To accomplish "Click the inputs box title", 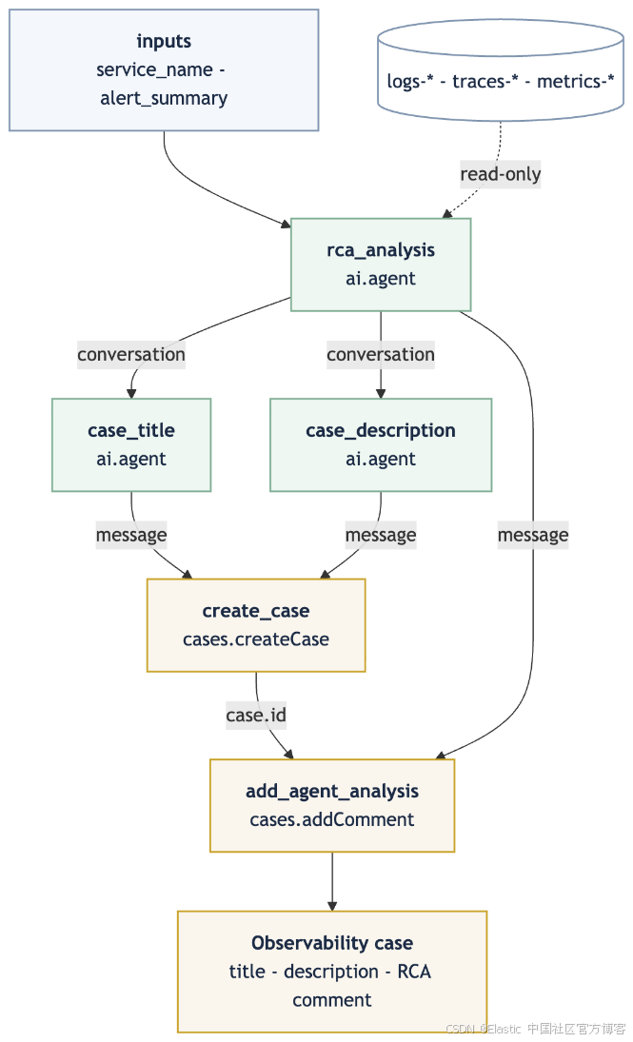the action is click(164, 41).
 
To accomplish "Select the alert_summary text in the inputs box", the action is click(164, 98).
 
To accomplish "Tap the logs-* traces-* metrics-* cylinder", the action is click(501, 69).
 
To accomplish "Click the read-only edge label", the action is click(501, 174).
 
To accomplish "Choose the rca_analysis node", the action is click(381, 265).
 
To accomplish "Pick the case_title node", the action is click(131, 444).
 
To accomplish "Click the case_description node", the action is click(381, 444).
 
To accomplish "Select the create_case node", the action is click(256, 625).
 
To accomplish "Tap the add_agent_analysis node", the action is click(332, 805).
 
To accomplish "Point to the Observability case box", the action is click(332, 972).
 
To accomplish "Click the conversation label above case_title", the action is click(131, 355).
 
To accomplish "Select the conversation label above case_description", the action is click(381, 355).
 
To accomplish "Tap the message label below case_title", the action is click(131, 535).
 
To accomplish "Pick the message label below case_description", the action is click(381, 535).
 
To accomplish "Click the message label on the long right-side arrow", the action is click(533, 535).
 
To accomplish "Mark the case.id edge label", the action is click(256, 716).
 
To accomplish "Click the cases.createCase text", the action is click(256, 639).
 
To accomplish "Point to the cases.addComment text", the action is click(332, 820).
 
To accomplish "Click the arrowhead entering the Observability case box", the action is click(332, 906).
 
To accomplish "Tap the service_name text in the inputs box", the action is click(155, 69).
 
